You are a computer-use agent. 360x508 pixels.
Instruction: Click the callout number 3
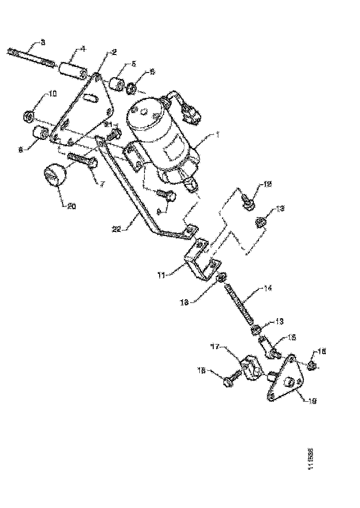coord(42,42)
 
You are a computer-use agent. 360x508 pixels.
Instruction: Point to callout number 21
coord(108,125)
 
